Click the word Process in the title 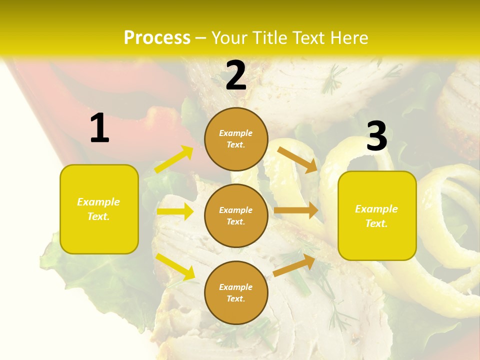click(157, 37)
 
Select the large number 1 click(99, 128)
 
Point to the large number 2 click(236, 76)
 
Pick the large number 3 click(376, 136)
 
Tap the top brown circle click(236, 139)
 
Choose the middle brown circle click(236, 215)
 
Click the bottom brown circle click(236, 292)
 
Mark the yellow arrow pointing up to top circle click(174, 159)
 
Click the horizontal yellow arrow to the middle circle click(175, 211)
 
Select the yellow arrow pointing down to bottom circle click(175, 266)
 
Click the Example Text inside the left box click(98, 209)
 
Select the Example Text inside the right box click(376, 216)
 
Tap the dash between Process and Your click(201, 38)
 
